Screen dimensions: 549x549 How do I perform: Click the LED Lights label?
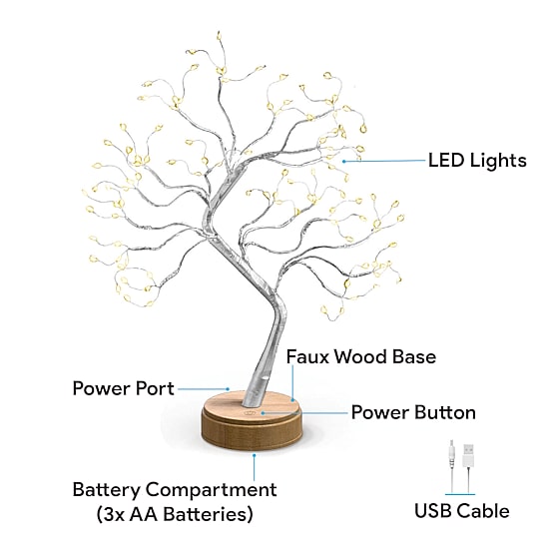point(477,161)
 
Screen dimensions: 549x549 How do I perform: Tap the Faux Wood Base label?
point(361,356)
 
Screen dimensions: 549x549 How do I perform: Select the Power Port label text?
point(123,388)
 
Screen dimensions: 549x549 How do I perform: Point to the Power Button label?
point(413,412)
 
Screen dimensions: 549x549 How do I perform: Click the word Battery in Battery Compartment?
point(106,490)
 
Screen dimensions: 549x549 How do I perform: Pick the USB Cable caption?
point(462,511)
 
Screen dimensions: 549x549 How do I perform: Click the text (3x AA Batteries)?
point(175,514)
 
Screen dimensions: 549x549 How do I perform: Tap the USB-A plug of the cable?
point(468,455)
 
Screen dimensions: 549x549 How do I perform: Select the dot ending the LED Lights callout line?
point(343,162)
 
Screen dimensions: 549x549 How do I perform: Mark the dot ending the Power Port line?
point(228,388)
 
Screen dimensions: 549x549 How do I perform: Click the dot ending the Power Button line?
point(263,413)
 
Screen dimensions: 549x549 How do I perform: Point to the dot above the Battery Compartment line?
point(255,455)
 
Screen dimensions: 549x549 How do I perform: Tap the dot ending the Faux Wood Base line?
point(292,399)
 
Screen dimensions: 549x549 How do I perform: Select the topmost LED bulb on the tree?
point(219,35)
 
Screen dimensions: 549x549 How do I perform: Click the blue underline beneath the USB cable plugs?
point(460,494)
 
